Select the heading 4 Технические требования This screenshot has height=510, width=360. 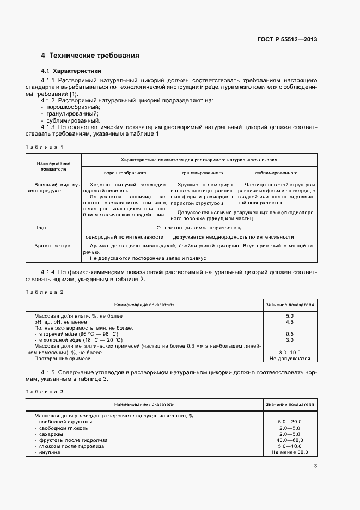[x=90, y=56]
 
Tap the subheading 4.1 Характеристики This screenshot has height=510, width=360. [x=71, y=71]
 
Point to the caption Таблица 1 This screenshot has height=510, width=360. [x=45, y=147]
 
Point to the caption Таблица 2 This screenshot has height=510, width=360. [x=45, y=292]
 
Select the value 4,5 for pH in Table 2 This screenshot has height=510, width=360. [x=289, y=322]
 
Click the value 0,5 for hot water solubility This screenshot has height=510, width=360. [x=289, y=334]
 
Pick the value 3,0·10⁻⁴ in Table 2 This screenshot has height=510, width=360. [x=289, y=353]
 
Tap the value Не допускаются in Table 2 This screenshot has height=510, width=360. [x=289, y=359]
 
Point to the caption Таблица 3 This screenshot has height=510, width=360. [x=45, y=392]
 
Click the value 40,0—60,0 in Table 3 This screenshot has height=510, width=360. [x=289, y=440]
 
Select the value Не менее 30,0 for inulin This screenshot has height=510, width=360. [x=289, y=452]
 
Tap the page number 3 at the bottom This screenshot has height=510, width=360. [x=316, y=466]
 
